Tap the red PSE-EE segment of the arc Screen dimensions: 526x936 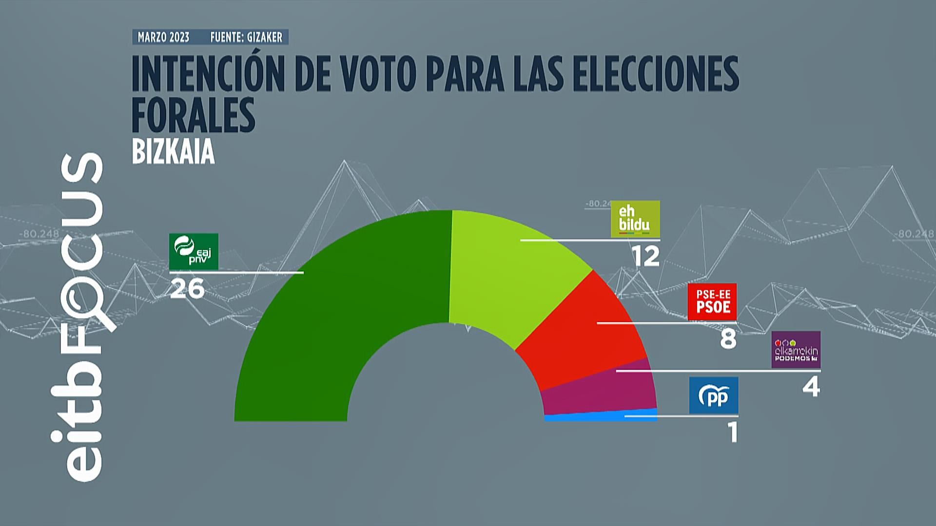pos(580,336)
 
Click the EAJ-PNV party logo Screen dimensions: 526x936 pos(194,251)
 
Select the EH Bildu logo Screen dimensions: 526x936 pos(635,219)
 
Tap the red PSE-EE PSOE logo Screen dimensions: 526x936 pos(712,302)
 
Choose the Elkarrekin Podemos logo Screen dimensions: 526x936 pos(796,350)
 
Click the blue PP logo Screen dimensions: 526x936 pos(714,395)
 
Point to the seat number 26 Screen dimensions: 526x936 pos(187,289)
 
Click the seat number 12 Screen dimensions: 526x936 pos(646,256)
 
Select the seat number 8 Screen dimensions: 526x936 pos(728,338)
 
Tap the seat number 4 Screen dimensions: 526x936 pos(811,388)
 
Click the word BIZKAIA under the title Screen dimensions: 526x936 pos(174,152)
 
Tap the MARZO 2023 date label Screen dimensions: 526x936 pos(163,38)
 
